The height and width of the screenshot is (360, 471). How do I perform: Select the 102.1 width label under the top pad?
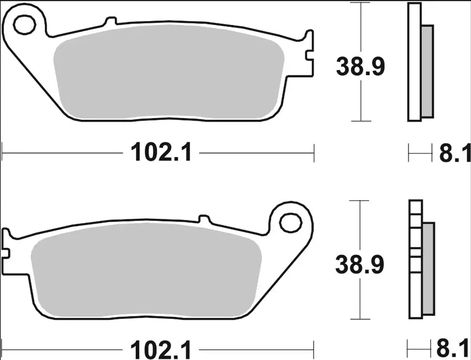162,152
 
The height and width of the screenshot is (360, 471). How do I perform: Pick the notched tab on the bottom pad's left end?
7,244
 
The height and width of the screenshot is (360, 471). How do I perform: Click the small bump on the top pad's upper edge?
110,22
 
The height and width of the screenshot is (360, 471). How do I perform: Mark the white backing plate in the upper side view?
415,63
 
